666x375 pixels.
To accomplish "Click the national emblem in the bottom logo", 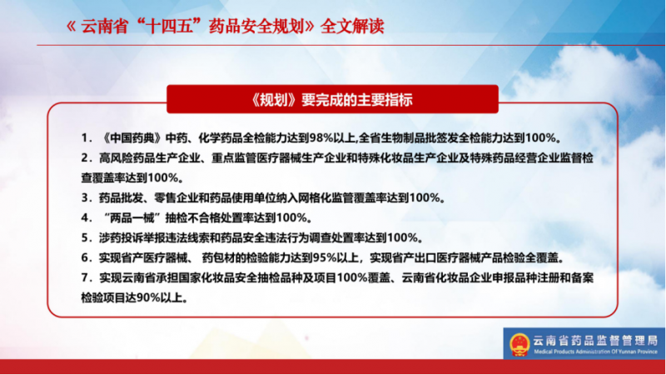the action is [519, 344].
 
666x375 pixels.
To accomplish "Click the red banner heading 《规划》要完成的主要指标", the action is [332, 100].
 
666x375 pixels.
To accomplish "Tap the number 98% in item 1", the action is [321, 137].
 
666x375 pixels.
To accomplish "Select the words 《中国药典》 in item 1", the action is [132, 137].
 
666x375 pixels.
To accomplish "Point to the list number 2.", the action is [86, 158].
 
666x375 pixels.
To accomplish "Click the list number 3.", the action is [86, 197].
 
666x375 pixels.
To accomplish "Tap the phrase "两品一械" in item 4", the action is [132, 217].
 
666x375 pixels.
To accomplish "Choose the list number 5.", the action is [86, 237].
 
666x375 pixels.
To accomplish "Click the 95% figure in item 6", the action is [325, 257].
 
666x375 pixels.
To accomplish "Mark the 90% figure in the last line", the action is [148, 297].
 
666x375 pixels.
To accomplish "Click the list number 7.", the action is [86, 277].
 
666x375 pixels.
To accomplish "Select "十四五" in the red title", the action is [171, 27].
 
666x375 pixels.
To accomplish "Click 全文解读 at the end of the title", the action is [352, 27].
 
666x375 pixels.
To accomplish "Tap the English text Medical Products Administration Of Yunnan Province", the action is [596, 352].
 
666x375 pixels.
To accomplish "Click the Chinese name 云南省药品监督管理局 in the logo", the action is [595, 340].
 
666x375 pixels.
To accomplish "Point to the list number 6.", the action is [86, 257].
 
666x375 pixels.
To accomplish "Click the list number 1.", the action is [86, 137].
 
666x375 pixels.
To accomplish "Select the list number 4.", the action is [86, 217].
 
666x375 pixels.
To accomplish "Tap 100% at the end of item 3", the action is [425, 197].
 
